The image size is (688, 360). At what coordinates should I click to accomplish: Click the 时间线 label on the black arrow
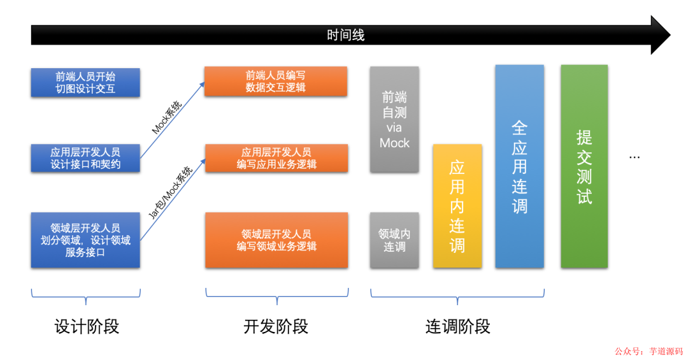pyautogui.click(x=345, y=35)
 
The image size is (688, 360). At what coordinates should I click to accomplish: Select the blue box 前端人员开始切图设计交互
pyautogui.click(x=85, y=83)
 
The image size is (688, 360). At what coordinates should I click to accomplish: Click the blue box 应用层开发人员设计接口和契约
pyautogui.click(x=85, y=158)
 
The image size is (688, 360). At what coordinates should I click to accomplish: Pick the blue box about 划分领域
pyautogui.click(x=85, y=240)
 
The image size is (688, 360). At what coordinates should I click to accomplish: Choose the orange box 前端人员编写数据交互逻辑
pyautogui.click(x=276, y=81)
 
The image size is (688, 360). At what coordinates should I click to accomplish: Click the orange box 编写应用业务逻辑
pyautogui.click(x=276, y=158)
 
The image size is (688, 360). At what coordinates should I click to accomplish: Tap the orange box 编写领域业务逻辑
pyautogui.click(x=276, y=240)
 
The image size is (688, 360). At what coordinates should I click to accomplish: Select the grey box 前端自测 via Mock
pyautogui.click(x=394, y=120)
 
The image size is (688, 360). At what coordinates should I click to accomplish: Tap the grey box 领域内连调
pyautogui.click(x=394, y=240)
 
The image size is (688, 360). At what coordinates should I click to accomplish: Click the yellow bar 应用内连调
pyautogui.click(x=457, y=206)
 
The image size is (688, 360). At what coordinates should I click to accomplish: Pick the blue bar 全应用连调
pyautogui.click(x=519, y=166)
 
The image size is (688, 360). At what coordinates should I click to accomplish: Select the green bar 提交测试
pyautogui.click(x=584, y=166)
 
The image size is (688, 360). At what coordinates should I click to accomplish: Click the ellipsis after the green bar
pyautogui.click(x=634, y=157)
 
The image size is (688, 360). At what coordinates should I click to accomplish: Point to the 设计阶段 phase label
pyautogui.click(x=87, y=327)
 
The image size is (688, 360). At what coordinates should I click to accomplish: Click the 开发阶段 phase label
pyautogui.click(x=276, y=327)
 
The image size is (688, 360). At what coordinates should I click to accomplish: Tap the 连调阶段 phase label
pyautogui.click(x=457, y=327)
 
